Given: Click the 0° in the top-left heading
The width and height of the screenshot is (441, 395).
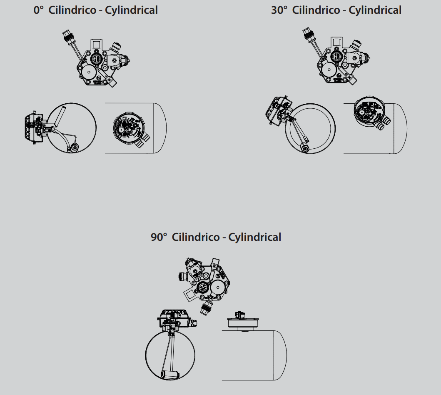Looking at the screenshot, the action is click(39, 10).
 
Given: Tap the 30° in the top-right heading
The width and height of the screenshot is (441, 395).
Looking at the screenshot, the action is click(279, 10).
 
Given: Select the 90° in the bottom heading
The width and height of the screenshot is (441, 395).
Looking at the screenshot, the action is click(159, 237).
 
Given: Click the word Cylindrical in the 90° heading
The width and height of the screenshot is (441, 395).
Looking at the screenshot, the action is click(254, 237).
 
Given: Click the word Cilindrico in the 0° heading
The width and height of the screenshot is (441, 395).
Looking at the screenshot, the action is click(72, 10).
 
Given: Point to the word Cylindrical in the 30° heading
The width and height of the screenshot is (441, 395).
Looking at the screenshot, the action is click(375, 10).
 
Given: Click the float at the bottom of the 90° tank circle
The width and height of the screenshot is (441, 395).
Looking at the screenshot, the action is click(170, 375).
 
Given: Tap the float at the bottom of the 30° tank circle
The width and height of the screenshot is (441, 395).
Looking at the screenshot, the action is click(304, 148).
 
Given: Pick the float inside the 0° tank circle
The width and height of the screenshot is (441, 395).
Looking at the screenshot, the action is click(74, 147).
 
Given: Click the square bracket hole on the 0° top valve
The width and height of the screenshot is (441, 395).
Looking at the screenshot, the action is click(96, 45).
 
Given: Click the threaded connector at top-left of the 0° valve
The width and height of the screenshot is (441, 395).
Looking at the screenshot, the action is click(68, 36).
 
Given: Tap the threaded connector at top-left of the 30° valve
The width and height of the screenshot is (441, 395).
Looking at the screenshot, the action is click(308, 34).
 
